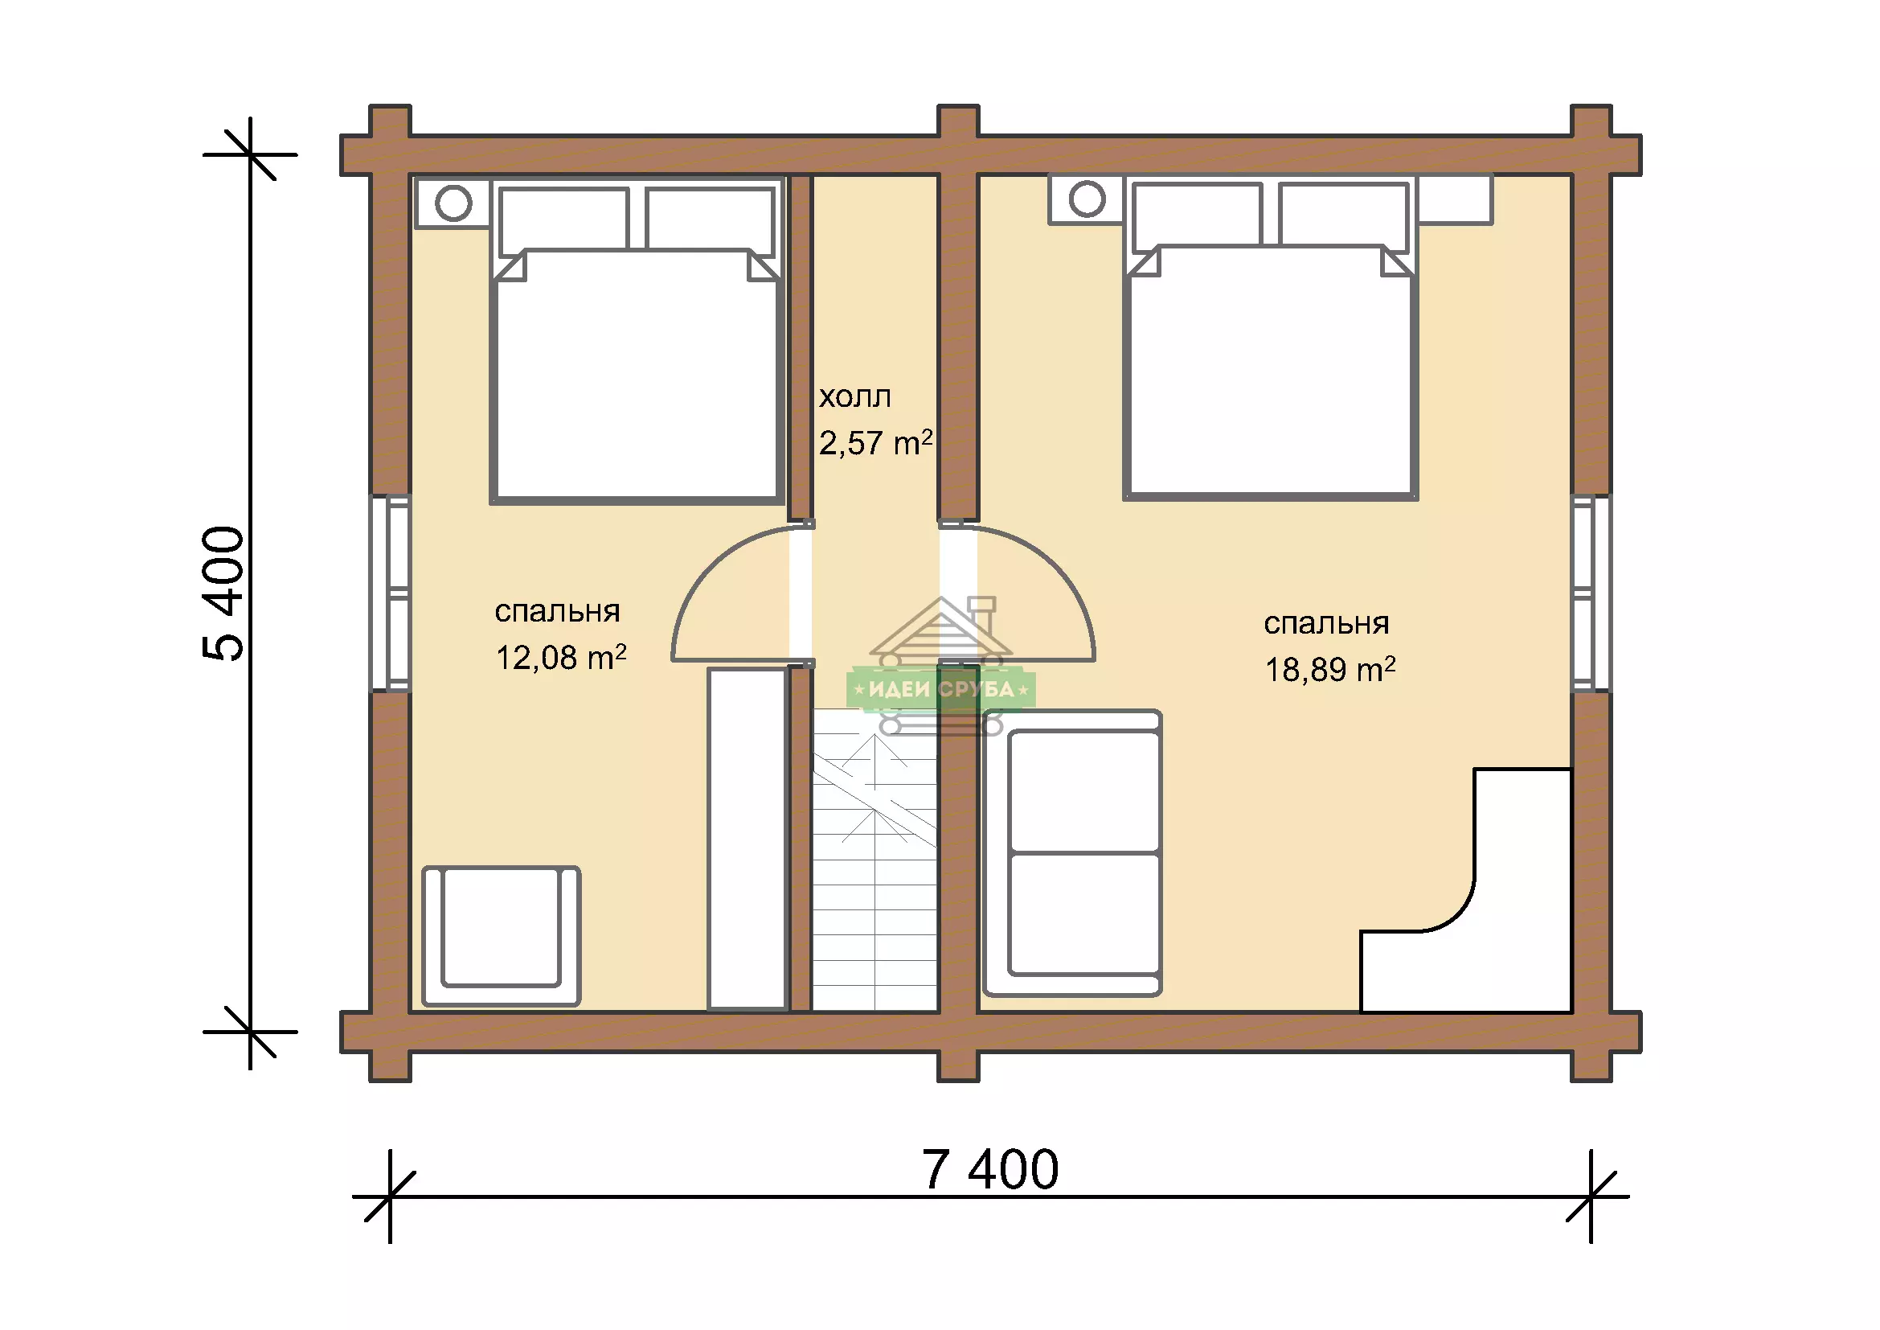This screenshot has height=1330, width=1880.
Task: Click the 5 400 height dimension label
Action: (223, 593)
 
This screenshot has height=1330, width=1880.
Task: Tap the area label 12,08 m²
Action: (561, 658)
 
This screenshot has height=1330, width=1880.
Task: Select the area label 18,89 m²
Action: (1329, 670)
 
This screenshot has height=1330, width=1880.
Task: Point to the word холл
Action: (855, 397)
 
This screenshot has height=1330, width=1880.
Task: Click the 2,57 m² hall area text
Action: (875, 443)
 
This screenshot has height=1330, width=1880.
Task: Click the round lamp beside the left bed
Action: (453, 203)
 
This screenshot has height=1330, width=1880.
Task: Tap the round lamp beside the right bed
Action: (1087, 198)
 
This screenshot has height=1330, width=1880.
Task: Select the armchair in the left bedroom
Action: (501, 935)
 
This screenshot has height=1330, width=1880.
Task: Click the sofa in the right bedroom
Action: (1072, 852)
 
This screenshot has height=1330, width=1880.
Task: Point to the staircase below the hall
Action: (874, 860)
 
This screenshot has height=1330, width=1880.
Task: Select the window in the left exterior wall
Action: (391, 593)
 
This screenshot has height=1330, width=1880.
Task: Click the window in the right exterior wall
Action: (1591, 593)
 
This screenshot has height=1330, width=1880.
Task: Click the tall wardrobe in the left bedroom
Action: (747, 839)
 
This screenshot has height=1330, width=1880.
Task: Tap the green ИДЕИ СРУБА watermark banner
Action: (941, 689)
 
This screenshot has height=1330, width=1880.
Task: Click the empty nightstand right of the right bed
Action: (1455, 199)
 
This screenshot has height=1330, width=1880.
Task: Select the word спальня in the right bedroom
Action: (1326, 624)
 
